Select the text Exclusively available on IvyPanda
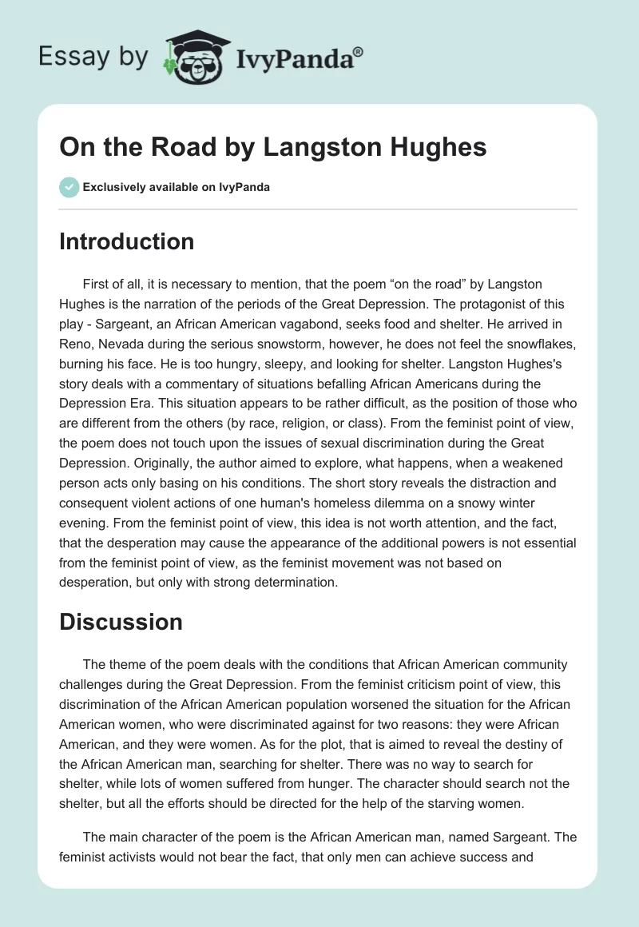point(176,188)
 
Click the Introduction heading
point(126,241)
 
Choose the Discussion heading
point(121,622)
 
